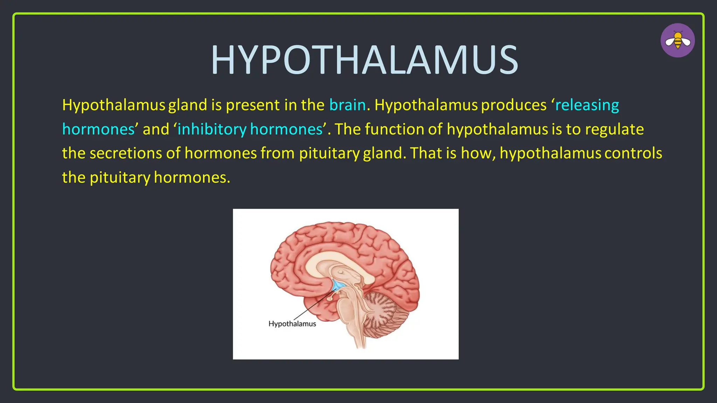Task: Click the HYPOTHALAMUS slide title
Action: coord(364,60)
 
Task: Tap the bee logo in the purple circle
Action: coord(677,40)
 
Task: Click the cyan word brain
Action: coord(347,105)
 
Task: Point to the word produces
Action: coord(514,105)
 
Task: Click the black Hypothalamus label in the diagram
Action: coord(292,324)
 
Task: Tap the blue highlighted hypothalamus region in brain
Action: coord(338,285)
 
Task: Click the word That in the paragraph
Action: coord(426,153)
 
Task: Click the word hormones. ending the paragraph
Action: coord(192,177)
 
